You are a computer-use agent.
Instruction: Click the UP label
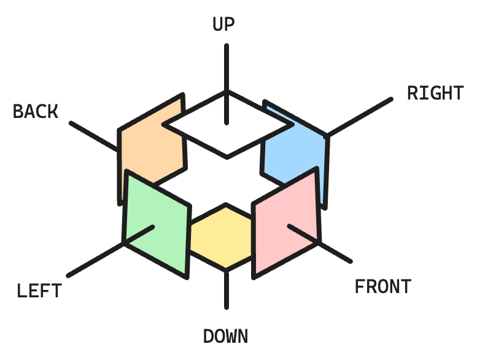point(223,24)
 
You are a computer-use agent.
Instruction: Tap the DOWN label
point(225,337)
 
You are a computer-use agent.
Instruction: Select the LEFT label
point(39,290)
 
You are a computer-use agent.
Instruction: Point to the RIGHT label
point(435,93)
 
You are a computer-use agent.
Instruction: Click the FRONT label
point(382,287)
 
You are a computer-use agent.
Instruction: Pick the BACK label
point(36,111)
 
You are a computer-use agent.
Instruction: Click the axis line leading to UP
point(227,68)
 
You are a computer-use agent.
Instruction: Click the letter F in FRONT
point(360,287)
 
